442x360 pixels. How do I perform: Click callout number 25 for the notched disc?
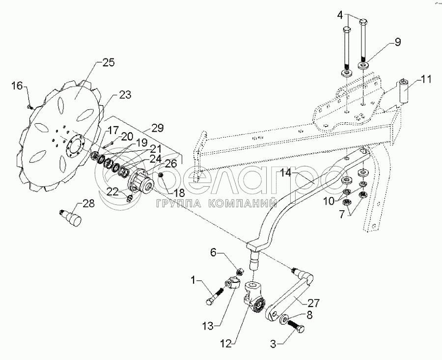point(108,63)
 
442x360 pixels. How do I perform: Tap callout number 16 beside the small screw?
point(17,86)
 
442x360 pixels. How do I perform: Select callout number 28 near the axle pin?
point(88,203)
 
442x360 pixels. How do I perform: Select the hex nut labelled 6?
point(241,271)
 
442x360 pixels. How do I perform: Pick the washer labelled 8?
point(284,320)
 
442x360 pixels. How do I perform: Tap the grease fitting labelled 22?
point(130,198)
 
